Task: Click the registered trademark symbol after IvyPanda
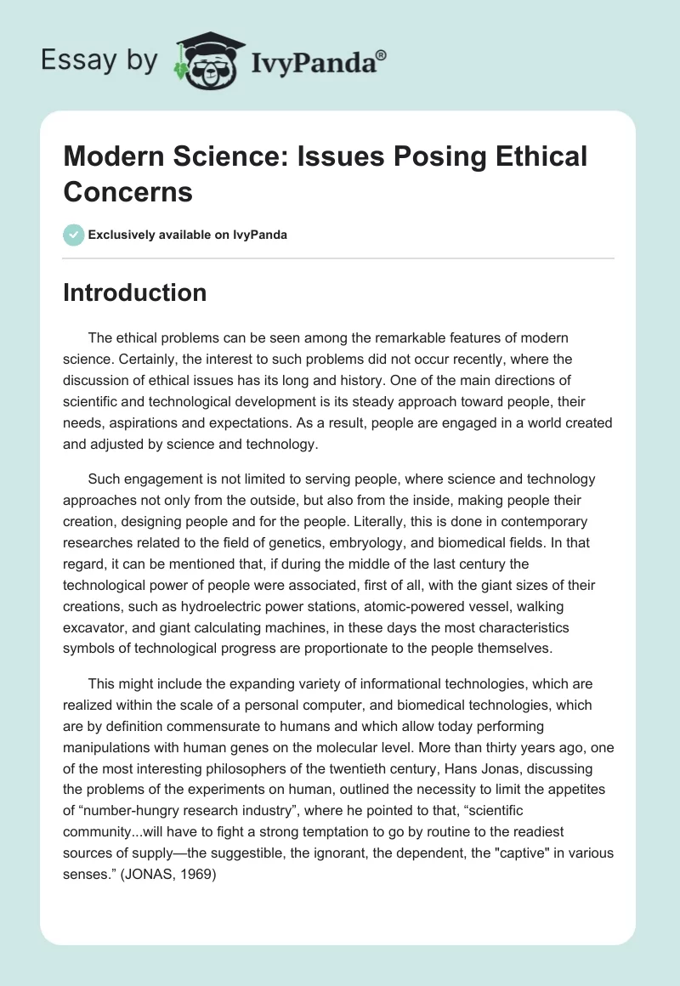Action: tap(381, 55)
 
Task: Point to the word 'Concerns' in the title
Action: tap(128, 191)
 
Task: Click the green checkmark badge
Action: tap(74, 235)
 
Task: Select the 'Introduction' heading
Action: tap(135, 292)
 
